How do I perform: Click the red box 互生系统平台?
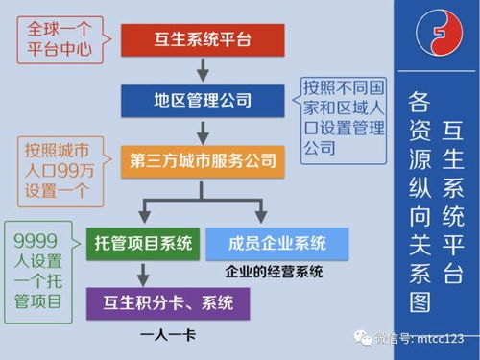202,38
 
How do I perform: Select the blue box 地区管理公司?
202,99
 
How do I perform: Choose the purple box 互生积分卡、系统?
168,303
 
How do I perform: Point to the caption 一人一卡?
167,334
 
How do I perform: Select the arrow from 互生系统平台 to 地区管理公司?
202,69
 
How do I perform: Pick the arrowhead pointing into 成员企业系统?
260,217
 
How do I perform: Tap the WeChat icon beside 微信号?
366,338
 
